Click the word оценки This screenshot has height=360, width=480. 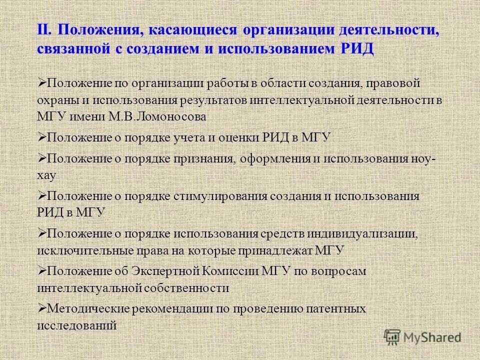point(239,138)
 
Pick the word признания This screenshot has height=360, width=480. point(205,159)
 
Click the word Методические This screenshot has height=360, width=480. point(88,309)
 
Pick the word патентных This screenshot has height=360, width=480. point(336,309)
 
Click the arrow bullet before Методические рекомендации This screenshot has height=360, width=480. point(41,308)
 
